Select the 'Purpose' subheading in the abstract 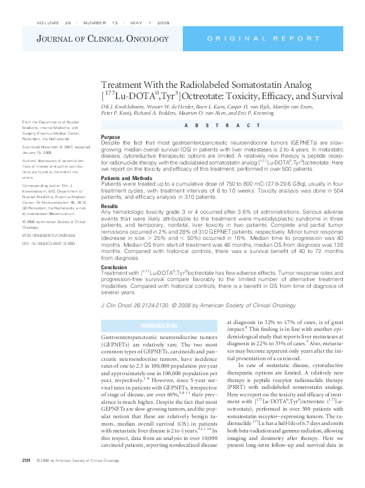[110, 137]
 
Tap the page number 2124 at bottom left [26, 479]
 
